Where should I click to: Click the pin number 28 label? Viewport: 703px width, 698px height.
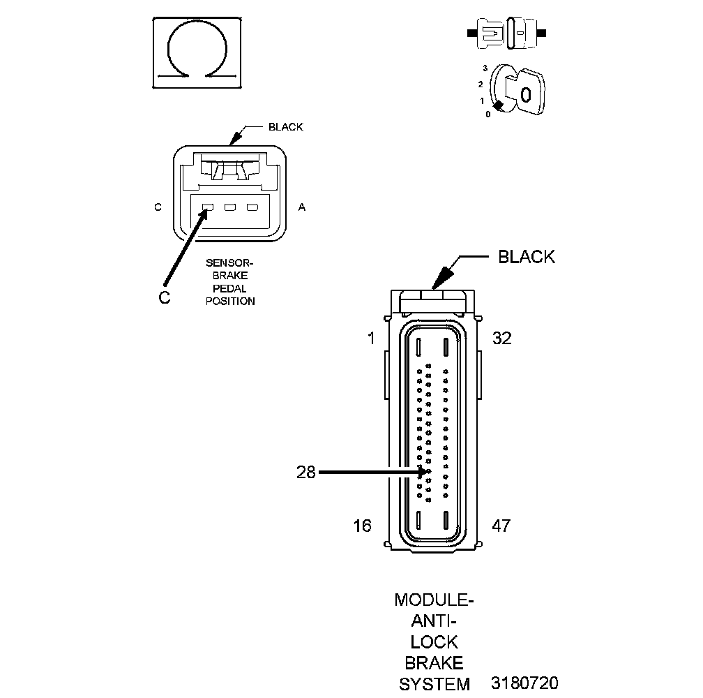[306, 473]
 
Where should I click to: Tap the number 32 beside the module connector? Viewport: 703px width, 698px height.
[501, 339]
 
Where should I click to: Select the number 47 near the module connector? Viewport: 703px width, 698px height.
[501, 526]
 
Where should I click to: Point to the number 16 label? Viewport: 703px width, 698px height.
[363, 526]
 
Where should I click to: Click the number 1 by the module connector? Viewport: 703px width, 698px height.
[371, 339]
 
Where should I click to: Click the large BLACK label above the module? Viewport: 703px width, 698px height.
[527, 257]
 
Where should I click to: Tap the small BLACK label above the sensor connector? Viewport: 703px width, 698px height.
[286, 127]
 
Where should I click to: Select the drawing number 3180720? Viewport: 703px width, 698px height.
[524, 683]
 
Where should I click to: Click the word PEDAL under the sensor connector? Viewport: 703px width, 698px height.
[230, 288]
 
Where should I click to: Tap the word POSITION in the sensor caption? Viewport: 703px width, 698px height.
[230, 301]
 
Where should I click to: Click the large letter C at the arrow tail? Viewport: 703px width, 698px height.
[164, 297]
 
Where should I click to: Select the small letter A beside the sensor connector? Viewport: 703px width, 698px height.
[302, 207]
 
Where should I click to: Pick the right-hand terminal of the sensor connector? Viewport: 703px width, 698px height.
[252, 207]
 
